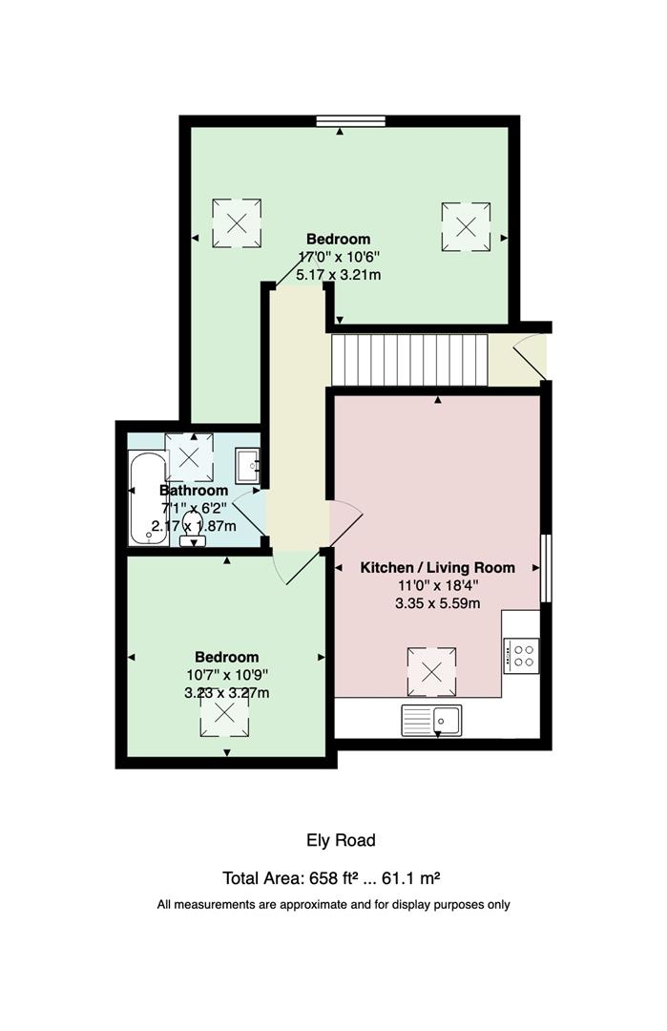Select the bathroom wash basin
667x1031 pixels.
click(x=248, y=465)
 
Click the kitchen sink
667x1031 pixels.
click(x=432, y=719)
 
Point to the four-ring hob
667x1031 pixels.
click(x=523, y=655)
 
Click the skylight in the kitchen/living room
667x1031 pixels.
click(x=431, y=672)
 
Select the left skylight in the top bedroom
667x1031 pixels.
click(x=236, y=222)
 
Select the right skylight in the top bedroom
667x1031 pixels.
click(x=466, y=226)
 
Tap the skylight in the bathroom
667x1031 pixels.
click(x=189, y=457)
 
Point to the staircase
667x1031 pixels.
click(x=408, y=360)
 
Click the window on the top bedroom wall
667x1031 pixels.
click(x=351, y=121)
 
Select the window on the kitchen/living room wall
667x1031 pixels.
click(x=546, y=568)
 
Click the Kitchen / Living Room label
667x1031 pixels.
click(x=437, y=567)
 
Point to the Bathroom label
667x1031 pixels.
click(x=194, y=491)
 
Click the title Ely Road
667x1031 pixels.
click(x=341, y=840)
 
